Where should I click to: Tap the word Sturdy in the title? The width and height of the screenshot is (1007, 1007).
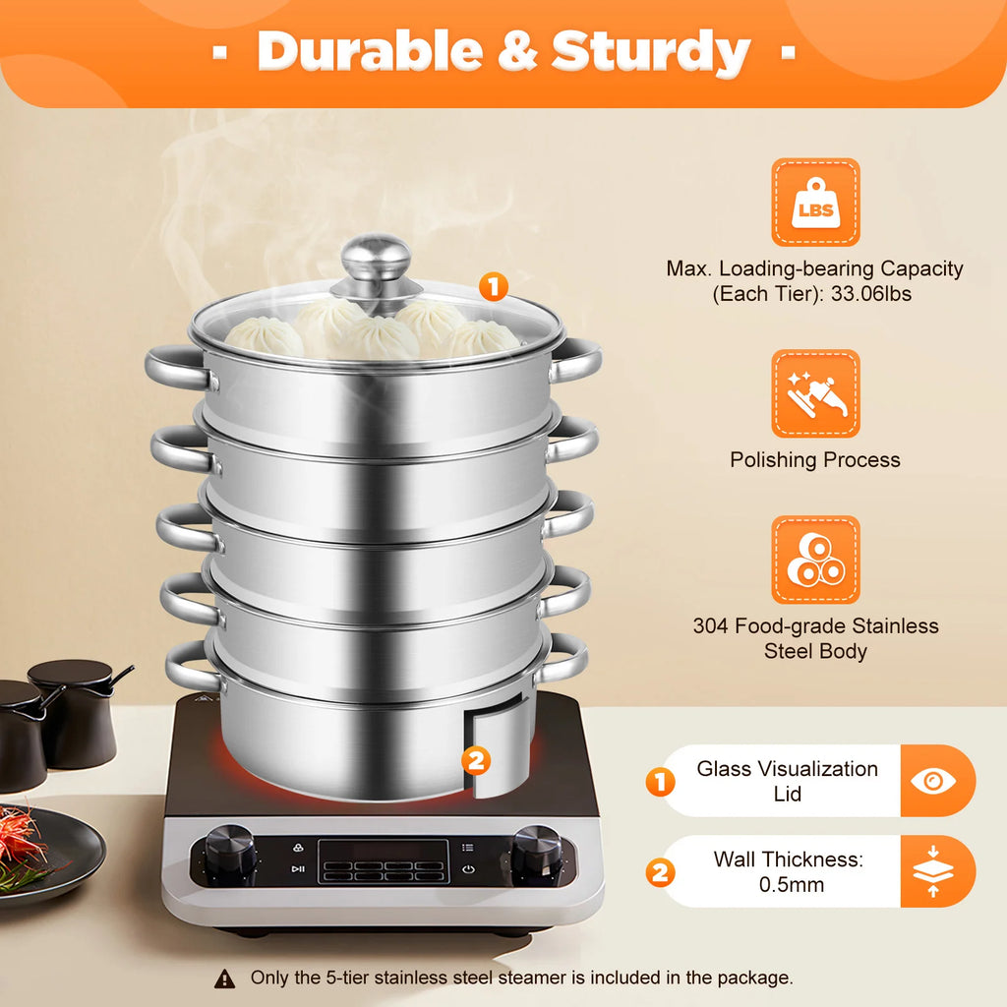pos(651,52)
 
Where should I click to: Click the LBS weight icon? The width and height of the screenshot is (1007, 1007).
pos(815,203)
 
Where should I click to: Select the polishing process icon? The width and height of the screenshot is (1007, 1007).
pos(815,393)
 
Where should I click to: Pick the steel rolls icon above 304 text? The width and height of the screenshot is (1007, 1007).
pos(815,561)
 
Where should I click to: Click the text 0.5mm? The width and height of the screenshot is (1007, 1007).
pos(791,885)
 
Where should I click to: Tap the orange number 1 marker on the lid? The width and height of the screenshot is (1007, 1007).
pos(493,287)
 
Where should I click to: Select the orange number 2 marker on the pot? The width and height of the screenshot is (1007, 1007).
pos(475,759)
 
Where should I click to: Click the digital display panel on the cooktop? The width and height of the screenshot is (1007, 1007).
pos(384,861)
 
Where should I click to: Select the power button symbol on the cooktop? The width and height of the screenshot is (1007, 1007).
pos(468,869)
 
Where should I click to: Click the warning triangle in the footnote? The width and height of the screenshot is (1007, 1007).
pos(225,978)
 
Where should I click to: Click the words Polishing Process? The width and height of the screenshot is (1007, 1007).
pos(815,460)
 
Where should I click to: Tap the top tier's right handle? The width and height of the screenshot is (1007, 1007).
pos(576,361)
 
